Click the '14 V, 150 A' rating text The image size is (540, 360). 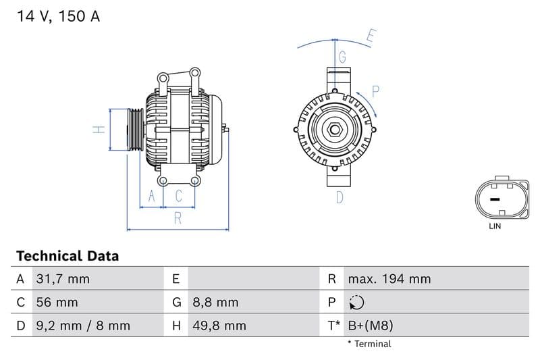(x=57, y=17)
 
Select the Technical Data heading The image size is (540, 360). (x=67, y=256)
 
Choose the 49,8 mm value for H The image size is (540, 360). (x=219, y=326)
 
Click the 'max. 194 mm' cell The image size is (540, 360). (x=389, y=279)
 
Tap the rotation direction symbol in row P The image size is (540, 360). (x=357, y=303)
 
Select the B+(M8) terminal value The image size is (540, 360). (x=370, y=326)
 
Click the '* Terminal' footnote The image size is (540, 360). (x=369, y=344)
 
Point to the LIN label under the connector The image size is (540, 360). (x=495, y=226)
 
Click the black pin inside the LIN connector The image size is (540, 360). (x=494, y=199)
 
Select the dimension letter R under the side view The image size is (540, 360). (x=178, y=218)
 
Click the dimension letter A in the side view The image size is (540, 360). (x=152, y=196)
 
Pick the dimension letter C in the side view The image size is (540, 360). (x=179, y=196)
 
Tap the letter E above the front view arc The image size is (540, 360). (x=371, y=36)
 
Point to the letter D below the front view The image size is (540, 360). (x=340, y=197)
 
